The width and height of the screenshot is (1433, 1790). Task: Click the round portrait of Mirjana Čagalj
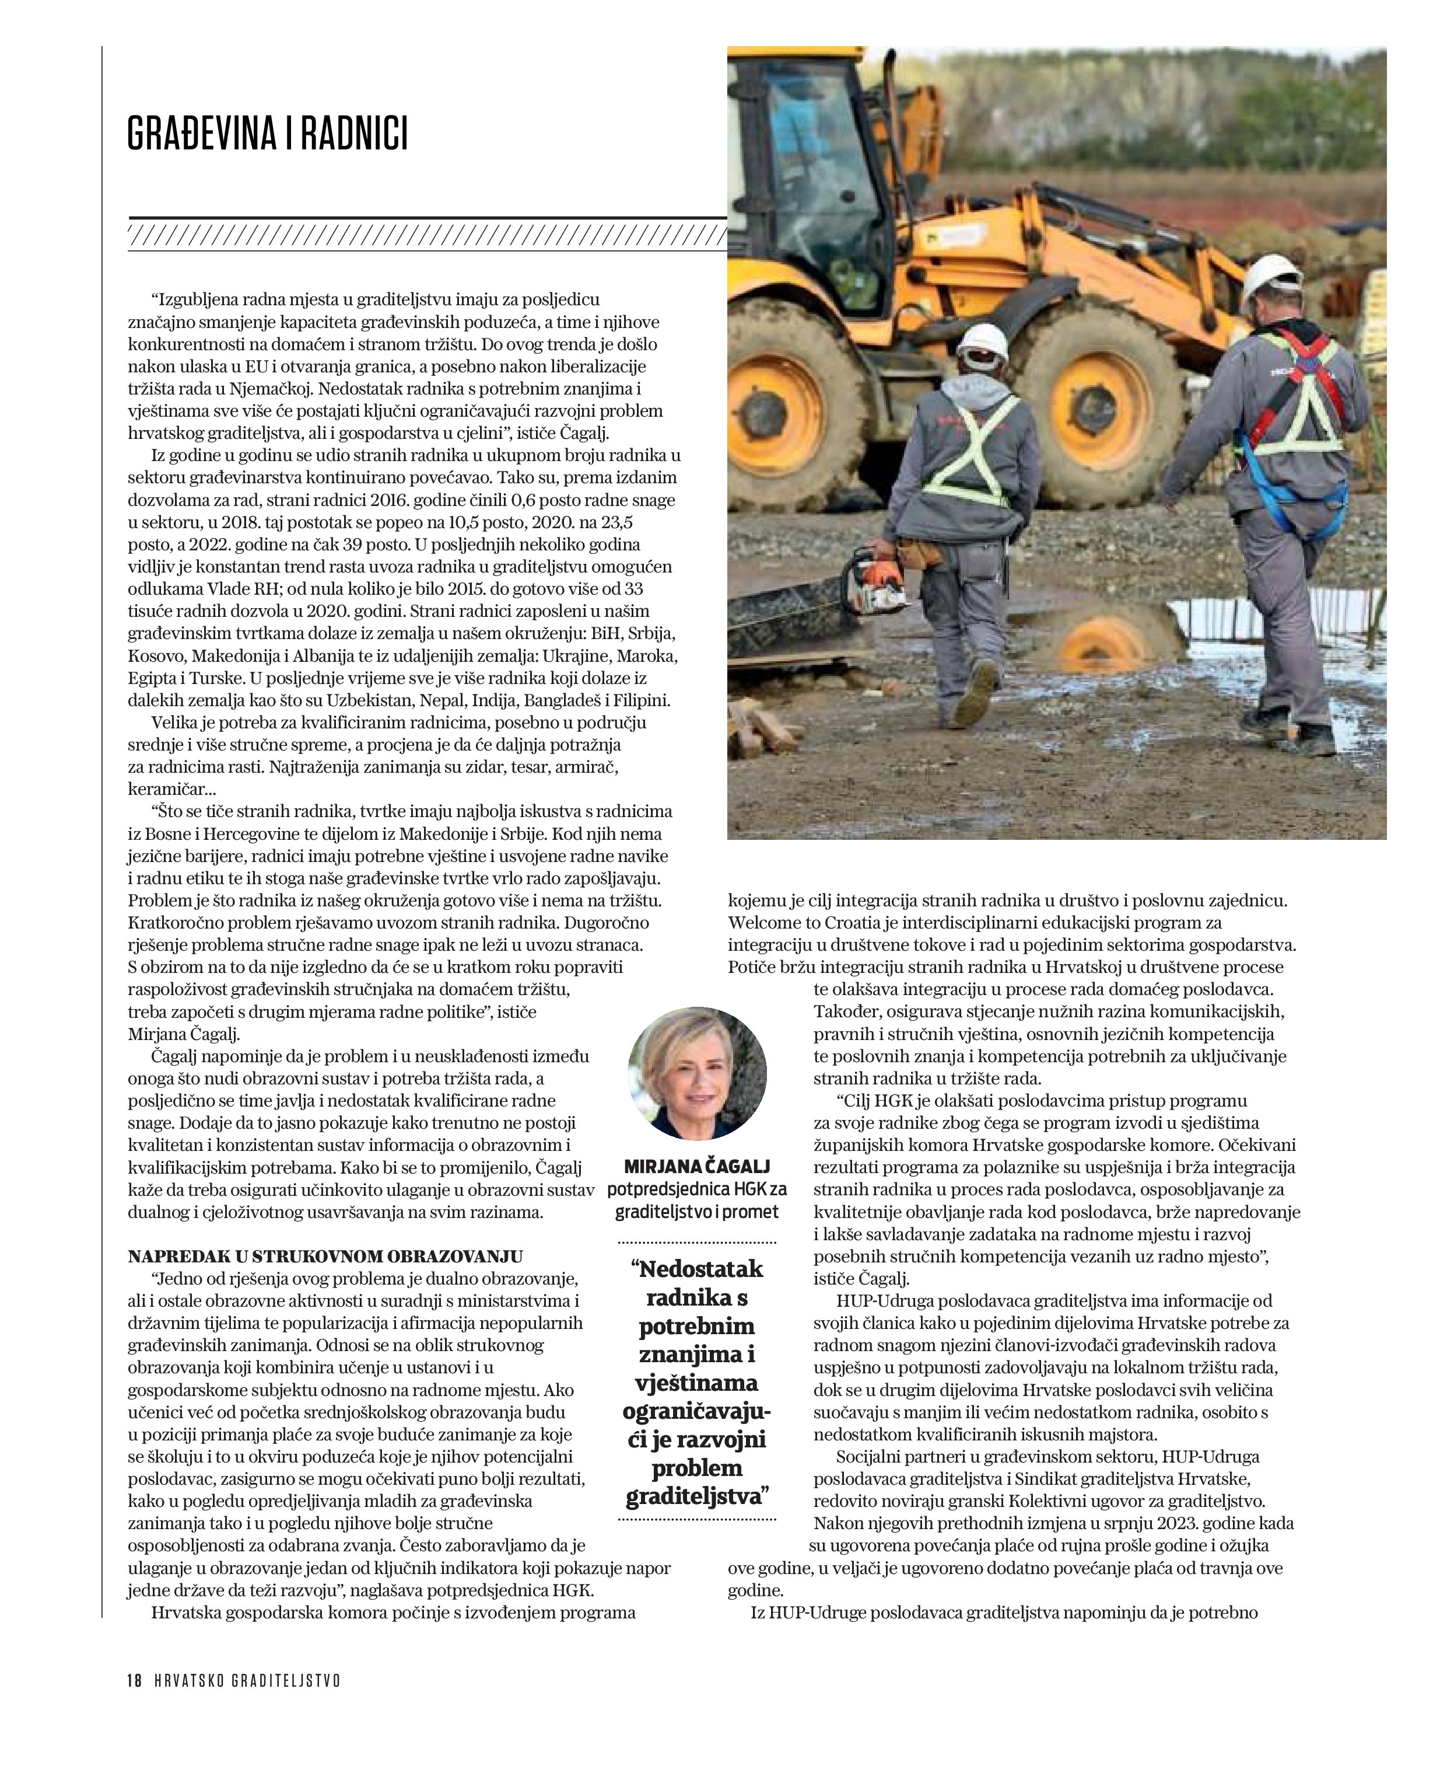[x=697, y=1074]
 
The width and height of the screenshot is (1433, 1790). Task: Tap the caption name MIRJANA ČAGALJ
[x=697, y=1167]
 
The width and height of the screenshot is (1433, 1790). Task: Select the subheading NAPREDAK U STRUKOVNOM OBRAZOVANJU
[x=325, y=1256]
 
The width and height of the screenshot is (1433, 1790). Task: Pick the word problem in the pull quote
[x=697, y=1468]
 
